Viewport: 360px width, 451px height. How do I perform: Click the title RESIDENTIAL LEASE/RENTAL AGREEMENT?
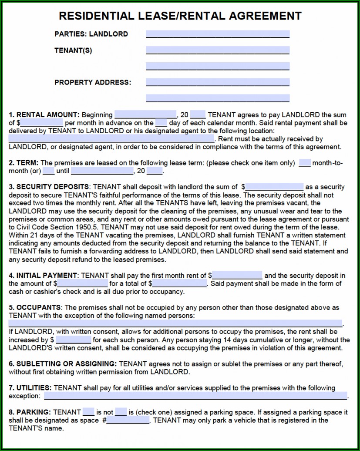(x=180, y=16)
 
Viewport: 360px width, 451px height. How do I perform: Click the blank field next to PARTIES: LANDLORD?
(x=218, y=34)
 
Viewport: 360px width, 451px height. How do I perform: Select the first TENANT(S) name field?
(x=218, y=50)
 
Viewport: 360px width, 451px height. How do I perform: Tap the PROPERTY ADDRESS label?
(x=92, y=82)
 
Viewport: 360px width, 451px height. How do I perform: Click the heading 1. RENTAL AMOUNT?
(x=44, y=115)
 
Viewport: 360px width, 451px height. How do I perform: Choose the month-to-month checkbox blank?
(x=305, y=163)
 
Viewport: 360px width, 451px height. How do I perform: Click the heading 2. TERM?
(x=24, y=163)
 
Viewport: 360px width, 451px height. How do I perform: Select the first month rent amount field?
(x=237, y=275)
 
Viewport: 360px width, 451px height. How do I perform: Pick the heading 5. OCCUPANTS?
(x=35, y=308)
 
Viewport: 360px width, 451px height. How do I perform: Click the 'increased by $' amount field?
(x=73, y=340)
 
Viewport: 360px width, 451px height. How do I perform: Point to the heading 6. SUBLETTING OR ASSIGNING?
(x=62, y=363)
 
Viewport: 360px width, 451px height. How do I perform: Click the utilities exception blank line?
(x=195, y=396)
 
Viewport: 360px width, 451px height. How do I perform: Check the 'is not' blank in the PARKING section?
(x=121, y=412)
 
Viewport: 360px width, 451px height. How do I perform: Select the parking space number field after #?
(x=128, y=420)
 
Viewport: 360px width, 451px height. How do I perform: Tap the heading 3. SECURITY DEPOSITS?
(x=49, y=187)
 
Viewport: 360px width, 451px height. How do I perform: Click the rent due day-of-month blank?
(x=161, y=123)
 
